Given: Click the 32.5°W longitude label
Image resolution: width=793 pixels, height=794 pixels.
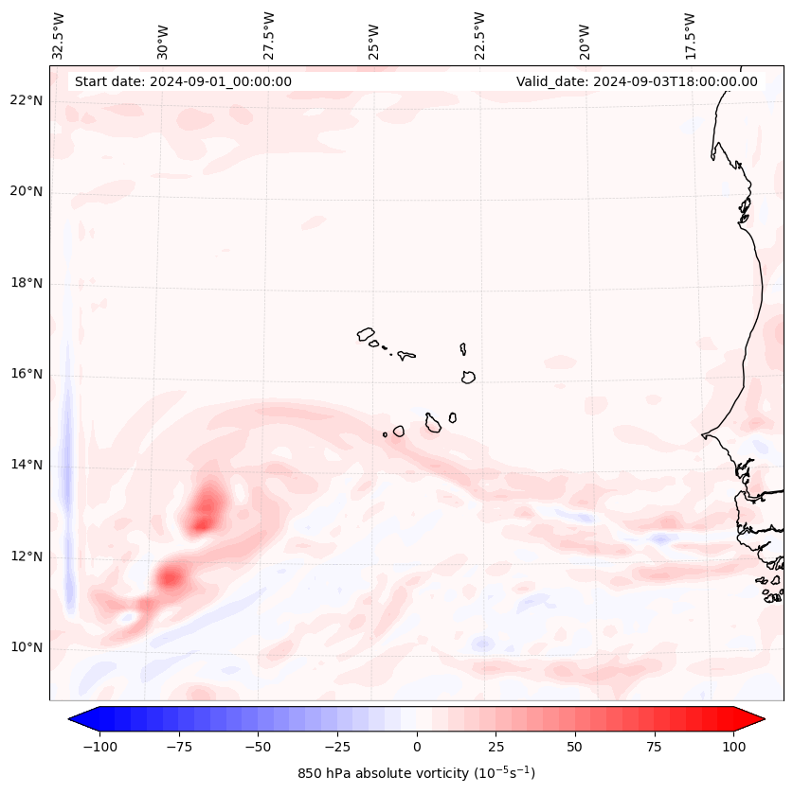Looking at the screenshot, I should pos(59,35).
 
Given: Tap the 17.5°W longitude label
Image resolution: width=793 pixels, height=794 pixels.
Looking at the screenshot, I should pos(690,35).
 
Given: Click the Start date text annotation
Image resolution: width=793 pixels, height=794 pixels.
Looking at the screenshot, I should pos(183,81).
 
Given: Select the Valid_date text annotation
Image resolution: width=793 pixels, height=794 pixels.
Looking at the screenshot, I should pos(637,81).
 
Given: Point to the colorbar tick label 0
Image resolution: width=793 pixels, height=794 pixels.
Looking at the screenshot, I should pos(417,747).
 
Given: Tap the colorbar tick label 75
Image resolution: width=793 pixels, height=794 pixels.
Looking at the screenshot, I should pos(654,747).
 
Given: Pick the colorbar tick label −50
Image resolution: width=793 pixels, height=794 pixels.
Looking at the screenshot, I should pos(259,747).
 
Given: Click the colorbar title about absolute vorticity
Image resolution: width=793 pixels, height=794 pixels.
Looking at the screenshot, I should pos(416,773).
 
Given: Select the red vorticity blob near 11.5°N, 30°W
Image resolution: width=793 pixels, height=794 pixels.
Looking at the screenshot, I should pos(171,575).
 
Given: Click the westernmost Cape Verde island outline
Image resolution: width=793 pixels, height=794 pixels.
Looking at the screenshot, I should pos(366,334).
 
